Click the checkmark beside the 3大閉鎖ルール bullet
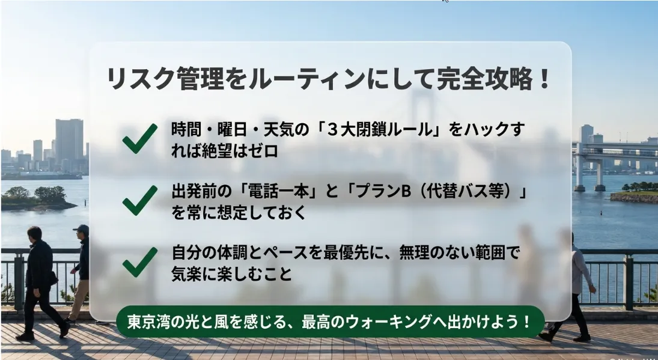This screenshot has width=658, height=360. (140, 138)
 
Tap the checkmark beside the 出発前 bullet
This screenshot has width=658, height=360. (140, 201)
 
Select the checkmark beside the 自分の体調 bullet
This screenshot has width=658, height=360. (140, 262)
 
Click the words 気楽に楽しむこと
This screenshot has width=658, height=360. (231, 274)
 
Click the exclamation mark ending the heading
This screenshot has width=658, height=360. (544, 79)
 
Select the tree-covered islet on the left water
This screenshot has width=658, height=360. (38, 198)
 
